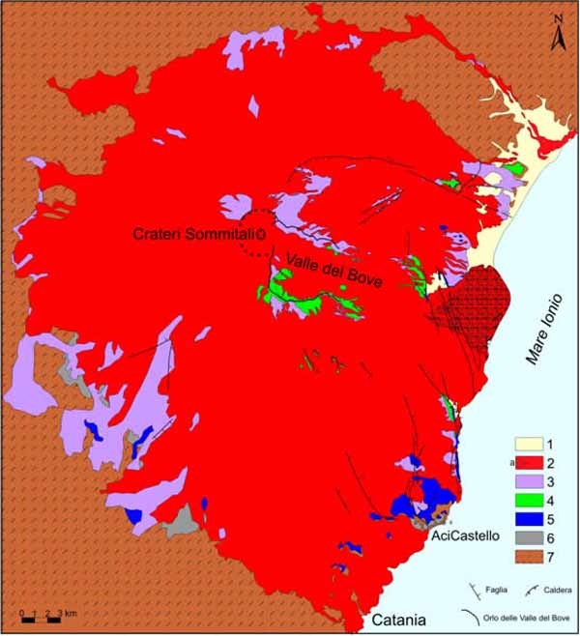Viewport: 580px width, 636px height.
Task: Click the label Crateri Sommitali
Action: (x=197, y=234)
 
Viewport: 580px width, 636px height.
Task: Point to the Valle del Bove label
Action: (x=334, y=268)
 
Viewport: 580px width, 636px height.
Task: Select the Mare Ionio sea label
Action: (x=543, y=330)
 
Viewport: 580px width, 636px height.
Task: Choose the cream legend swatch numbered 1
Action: (x=528, y=446)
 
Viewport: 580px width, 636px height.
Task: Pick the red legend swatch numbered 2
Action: (x=528, y=465)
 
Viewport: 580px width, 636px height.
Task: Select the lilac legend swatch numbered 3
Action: (x=528, y=483)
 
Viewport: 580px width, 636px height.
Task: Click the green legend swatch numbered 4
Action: (x=528, y=502)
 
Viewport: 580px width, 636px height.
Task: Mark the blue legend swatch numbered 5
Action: (x=528, y=520)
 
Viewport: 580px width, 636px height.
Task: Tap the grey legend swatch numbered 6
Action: (x=528, y=538)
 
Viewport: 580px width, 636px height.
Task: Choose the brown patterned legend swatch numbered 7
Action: (x=528, y=558)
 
